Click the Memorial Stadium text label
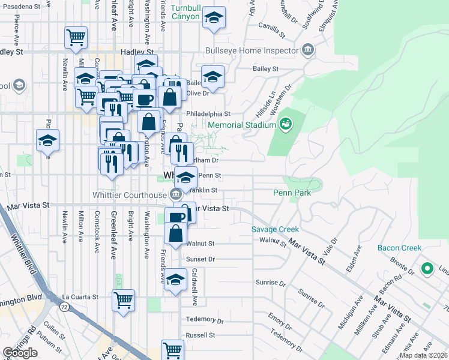[242, 125]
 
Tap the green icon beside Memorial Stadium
[286, 124]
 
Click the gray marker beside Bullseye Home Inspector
[309, 49]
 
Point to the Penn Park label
[292, 193]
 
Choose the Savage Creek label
[275, 229]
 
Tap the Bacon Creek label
[400, 248]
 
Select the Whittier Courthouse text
[129, 194]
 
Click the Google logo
[20, 352]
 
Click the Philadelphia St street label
[208, 113]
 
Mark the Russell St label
[200, 335]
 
